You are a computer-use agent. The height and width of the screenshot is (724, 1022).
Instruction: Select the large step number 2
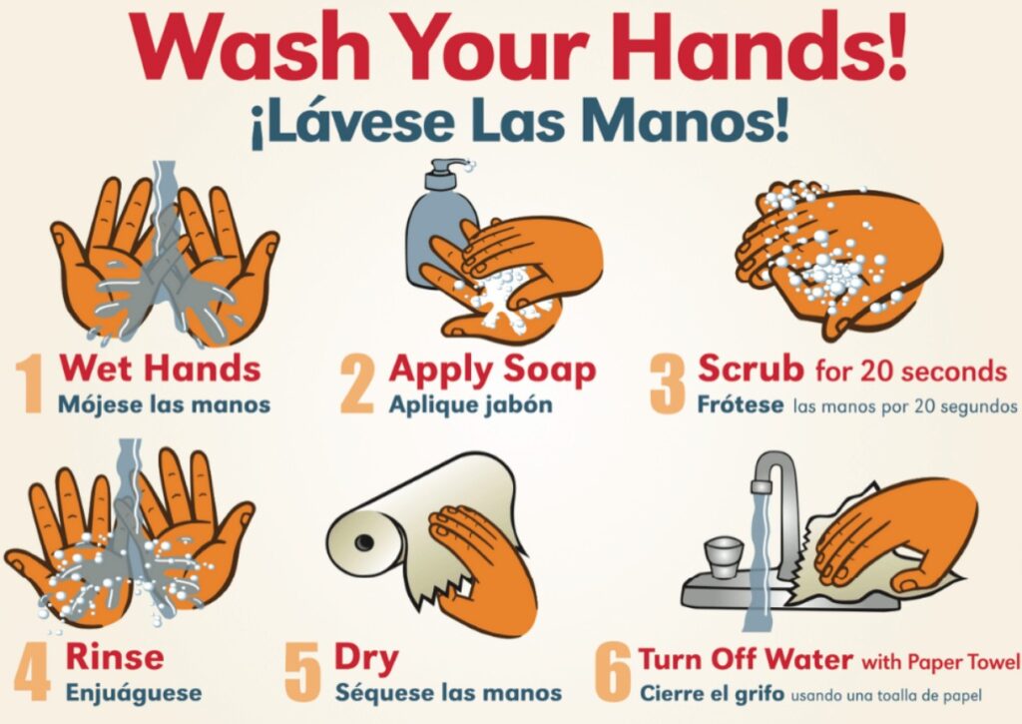point(357,384)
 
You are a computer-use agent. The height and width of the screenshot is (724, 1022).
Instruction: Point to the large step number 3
point(668,384)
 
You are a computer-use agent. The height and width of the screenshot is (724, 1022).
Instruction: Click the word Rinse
point(115,656)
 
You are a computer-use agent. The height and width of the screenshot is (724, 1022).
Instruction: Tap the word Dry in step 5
point(365,658)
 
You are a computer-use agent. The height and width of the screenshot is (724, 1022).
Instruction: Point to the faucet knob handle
point(725,551)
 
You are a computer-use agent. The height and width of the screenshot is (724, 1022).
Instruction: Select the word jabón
point(519,405)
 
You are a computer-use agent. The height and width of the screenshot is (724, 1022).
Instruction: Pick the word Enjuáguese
point(133,692)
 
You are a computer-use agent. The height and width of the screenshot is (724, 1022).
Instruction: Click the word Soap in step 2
point(547,369)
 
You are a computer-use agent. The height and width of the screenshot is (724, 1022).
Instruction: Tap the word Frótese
point(741,405)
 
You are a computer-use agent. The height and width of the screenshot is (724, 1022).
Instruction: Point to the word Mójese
point(94,405)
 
